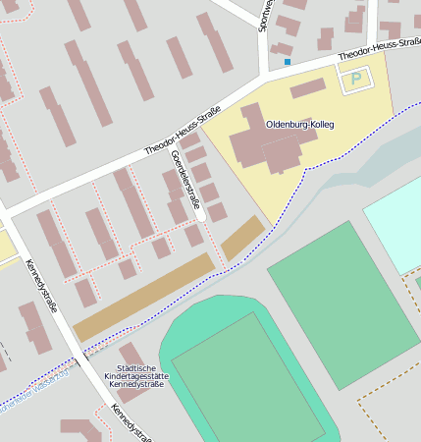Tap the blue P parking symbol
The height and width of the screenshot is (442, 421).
(x=356, y=78)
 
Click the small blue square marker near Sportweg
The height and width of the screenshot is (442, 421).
(x=288, y=62)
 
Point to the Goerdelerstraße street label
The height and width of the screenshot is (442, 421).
(x=184, y=181)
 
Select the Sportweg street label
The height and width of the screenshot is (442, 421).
(x=263, y=15)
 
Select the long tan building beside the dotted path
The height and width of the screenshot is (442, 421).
(x=143, y=298)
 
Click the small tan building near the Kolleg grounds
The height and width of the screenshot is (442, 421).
(x=242, y=239)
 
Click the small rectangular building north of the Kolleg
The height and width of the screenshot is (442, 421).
(x=307, y=88)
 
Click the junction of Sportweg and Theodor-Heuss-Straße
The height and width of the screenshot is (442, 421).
(x=268, y=75)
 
